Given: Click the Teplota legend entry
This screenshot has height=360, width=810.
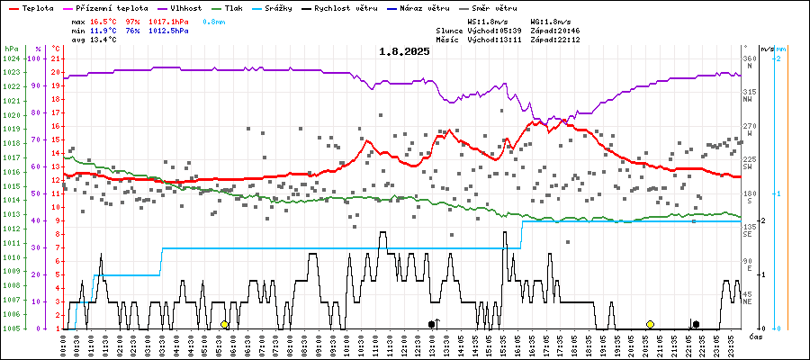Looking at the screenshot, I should click(35, 7).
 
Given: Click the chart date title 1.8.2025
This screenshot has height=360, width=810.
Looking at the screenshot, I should click(404, 51).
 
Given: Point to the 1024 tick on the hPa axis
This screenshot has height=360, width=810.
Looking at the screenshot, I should click(12, 58).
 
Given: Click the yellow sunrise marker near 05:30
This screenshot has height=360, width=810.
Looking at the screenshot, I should click(225, 324).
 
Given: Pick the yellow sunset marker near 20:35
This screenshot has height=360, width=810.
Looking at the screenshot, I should click(650, 324).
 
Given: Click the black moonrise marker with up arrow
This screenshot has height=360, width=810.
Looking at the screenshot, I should click(434, 324).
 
